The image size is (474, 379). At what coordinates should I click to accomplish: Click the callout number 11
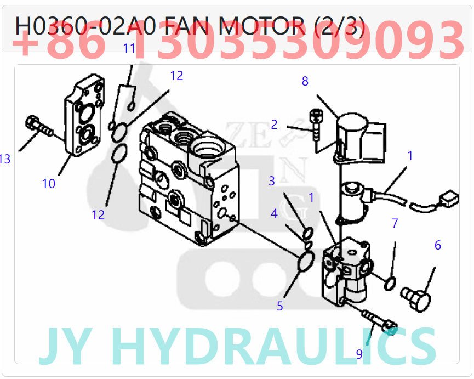pos(129,48)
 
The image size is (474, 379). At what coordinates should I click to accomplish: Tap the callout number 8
pos(305,81)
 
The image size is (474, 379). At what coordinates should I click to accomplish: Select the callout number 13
pos(5,159)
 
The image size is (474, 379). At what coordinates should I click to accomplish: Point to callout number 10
pos(49,184)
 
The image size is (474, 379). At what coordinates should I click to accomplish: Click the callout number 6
pos(437,245)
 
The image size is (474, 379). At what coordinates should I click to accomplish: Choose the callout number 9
pos(359,354)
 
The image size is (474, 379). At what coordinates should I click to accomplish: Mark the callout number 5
pos(280,306)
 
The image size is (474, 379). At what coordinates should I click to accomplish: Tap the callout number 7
pos(395,223)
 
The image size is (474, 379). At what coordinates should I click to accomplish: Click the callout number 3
pos(272,180)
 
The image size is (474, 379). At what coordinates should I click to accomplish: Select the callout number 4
pos(274,213)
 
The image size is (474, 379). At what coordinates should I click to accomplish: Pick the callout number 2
pos(275,125)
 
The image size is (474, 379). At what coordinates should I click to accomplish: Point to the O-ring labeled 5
pos(306,261)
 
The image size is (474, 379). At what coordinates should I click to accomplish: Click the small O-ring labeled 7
pos(390,283)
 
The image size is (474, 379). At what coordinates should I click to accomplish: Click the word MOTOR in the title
pos(260,26)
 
